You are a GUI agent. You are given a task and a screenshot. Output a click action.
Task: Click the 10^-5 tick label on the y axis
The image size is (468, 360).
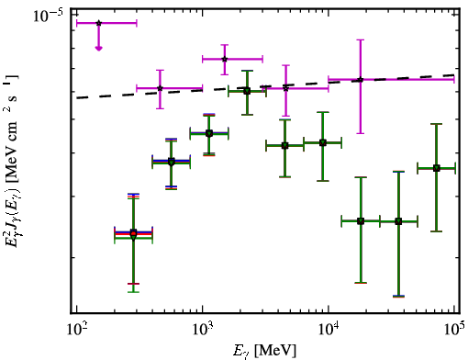point(48,16)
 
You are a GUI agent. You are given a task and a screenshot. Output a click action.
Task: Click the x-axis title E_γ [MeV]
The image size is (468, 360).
point(264,351)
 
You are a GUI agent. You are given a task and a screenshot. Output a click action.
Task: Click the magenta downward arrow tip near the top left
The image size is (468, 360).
point(98,50)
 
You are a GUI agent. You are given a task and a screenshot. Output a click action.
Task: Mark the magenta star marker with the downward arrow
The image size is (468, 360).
point(98,23)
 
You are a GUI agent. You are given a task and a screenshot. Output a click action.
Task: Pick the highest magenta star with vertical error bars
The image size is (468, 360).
point(225,59)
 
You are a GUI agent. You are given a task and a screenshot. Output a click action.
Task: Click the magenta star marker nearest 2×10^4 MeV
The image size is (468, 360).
point(361,80)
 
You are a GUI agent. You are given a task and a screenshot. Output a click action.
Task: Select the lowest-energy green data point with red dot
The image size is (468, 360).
point(133,234)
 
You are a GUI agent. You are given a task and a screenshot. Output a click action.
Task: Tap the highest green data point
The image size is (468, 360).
point(247,91)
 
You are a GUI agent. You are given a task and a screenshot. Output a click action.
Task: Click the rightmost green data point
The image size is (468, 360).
point(437,168)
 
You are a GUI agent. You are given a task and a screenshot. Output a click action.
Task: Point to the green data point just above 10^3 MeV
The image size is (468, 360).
point(209,133)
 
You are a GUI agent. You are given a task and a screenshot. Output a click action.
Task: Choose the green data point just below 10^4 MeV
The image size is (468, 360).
point(323,142)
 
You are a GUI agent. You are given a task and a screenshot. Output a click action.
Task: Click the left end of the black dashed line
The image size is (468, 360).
point(77,98)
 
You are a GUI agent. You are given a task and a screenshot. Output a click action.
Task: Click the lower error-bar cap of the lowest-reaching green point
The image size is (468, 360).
point(398,296)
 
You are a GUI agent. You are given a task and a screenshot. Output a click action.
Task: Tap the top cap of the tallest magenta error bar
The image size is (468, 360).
point(361,39)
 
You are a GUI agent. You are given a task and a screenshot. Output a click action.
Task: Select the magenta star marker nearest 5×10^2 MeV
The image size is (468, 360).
point(160,88)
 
